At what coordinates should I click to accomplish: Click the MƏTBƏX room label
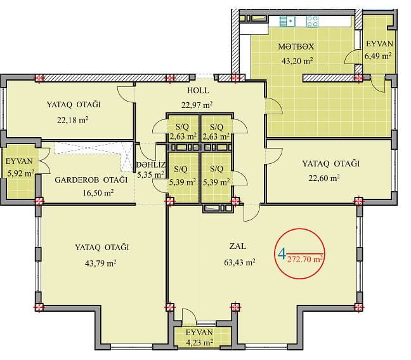(x=296, y=46)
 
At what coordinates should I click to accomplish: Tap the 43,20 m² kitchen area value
(x=296, y=61)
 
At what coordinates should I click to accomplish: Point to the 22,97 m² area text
(x=197, y=105)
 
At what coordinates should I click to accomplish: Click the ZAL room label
(x=239, y=246)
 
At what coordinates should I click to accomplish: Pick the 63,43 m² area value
(x=240, y=262)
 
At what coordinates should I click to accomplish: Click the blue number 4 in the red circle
(x=281, y=255)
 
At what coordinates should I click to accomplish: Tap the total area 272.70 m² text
(x=305, y=259)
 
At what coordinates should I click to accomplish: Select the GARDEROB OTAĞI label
(x=91, y=180)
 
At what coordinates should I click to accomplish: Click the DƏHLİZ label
(x=152, y=164)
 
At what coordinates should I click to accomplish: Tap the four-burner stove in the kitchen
(x=312, y=21)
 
